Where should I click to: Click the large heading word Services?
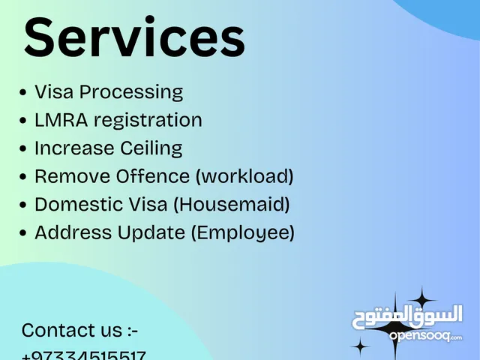point(135,38)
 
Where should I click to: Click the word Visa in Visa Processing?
point(53,92)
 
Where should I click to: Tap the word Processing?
point(131,93)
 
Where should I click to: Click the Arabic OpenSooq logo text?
point(407,316)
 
